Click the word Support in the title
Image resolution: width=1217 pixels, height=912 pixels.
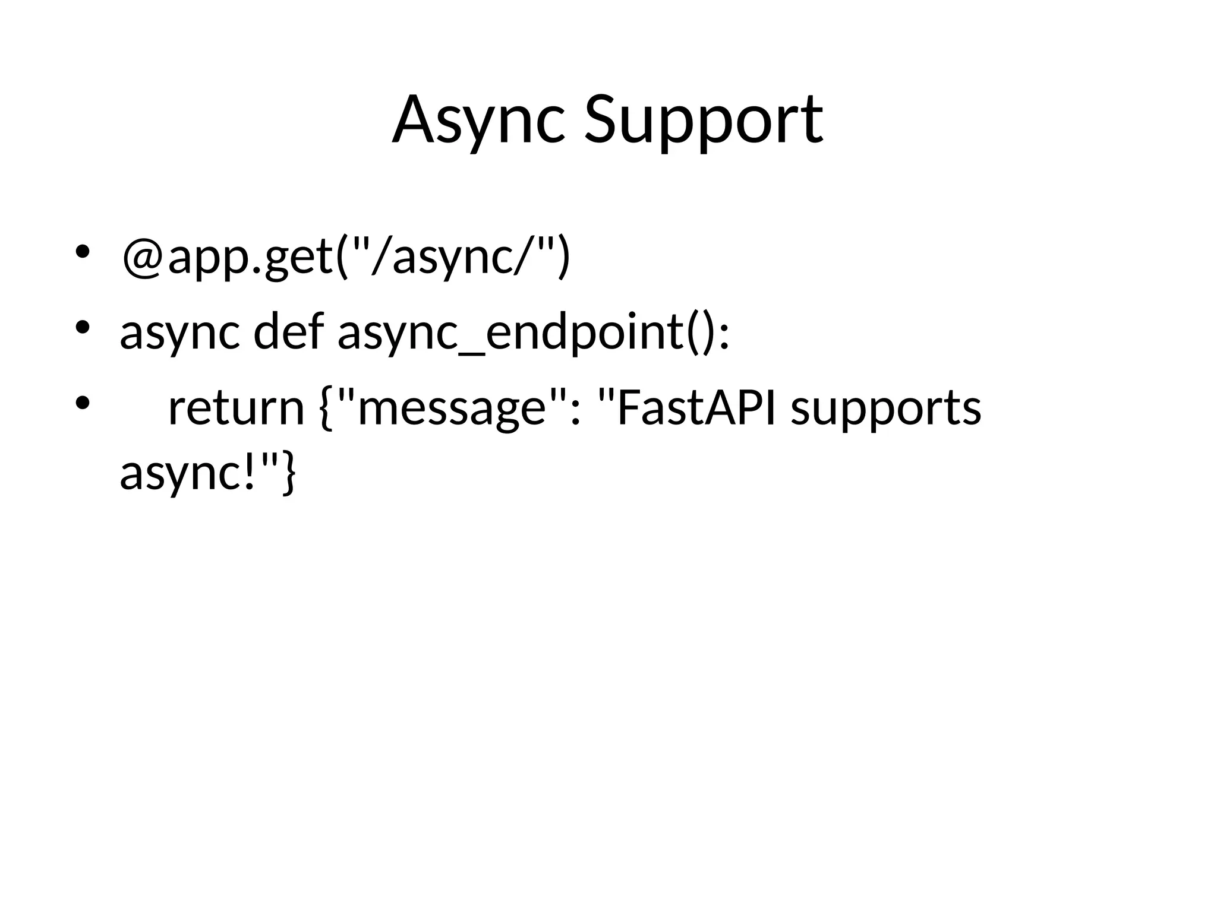[x=704, y=122]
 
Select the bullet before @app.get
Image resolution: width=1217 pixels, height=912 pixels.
[x=81, y=252]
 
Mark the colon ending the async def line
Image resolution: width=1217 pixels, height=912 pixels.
[x=723, y=335]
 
